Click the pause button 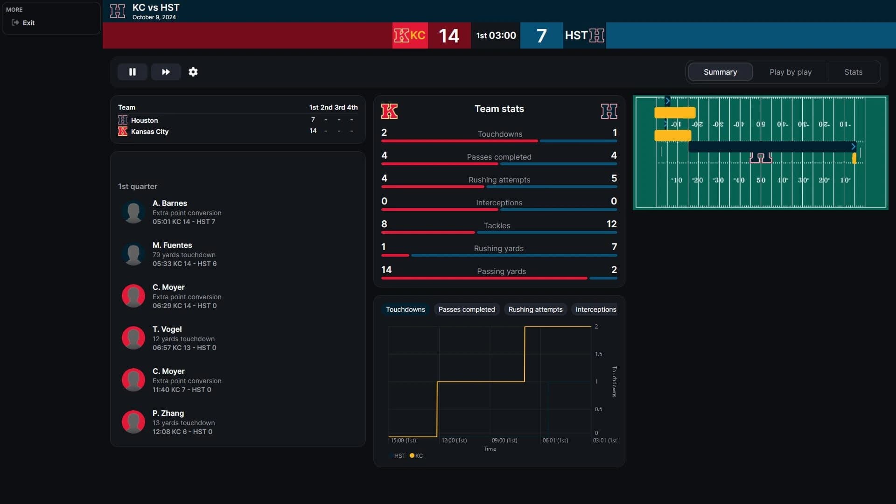pyautogui.click(x=132, y=72)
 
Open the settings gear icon pyautogui.click(x=193, y=72)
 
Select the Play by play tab pyautogui.click(x=790, y=72)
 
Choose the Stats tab pyautogui.click(x=853, y=72)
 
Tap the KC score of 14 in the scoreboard pyautogui.click(x=448, y=36)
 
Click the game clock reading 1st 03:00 pyautogui.click(x=496, y=35)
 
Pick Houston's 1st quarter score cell pyautogui.click(x=313, y=120)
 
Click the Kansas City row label pyautogui.click(x=149, y=132)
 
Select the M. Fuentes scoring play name pyautogui.click(x=172, y=245)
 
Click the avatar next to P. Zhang pyautogui.click(x=133, y=422)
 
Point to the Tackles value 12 pyautogui.click(x=611, y=224)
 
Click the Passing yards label pyautogui.click(x=501, y=271)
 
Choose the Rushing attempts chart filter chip pyautogui.click(x=535, y=309)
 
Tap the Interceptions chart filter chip pyautogui.click(x=595, y=309)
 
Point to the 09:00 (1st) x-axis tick pyautogui.click(x=504, y=440)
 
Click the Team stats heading pyautogui.click(x=499, y=109)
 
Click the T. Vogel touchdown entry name pyautogui.click(x=167, y=329)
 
